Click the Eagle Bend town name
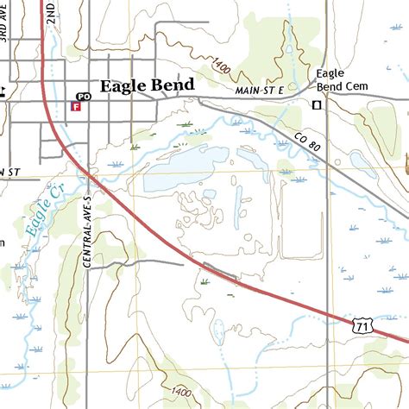click(x=146, y=86)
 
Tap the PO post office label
click(x=84, y=96)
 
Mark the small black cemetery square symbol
click(x=317, y=104)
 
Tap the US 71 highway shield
click(x=363, y=324)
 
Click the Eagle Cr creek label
click(x=36, y=216)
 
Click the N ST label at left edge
click(x=9, y=173)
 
